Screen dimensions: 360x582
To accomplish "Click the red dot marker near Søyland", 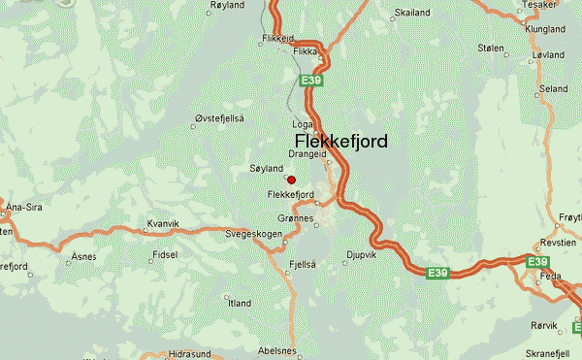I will tap(291, 179).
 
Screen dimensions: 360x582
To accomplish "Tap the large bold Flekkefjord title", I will tap(340, 142).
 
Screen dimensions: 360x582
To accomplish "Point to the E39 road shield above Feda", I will tap(538, 262).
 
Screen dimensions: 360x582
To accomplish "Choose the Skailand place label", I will tap(412, 14).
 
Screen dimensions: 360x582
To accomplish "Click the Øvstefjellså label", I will tap(219, 117).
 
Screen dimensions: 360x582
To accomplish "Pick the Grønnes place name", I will tap(296, 219).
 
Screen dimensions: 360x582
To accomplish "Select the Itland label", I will tap(239, 304).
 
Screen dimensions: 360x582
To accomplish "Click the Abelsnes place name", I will tap(277, 350).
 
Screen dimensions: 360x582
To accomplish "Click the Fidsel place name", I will tap(165, 257).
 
